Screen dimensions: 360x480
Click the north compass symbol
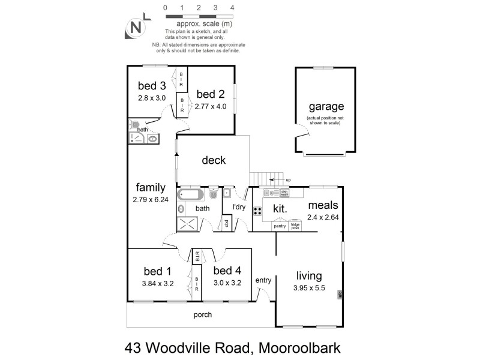click(x=136, y=28)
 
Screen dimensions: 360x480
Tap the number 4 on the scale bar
click(x=232, y=8)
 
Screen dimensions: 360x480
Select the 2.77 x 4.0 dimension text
click(x=211, y=106)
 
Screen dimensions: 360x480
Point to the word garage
click(x=326, y=107)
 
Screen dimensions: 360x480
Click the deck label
click(x=214, y=160)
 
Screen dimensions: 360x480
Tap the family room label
click(x=151, y=187)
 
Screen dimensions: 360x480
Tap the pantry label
click(x=280, y=226)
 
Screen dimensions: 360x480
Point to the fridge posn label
click(x=295, y=227)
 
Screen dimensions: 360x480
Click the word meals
click(x=323, y=205)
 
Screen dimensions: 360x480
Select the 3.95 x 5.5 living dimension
click(x=309, y=289)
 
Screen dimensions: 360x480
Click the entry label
click(x=263, y=280)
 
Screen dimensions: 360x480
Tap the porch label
click(x=202, y=315)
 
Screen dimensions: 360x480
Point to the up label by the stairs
click(x=288, y=179)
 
